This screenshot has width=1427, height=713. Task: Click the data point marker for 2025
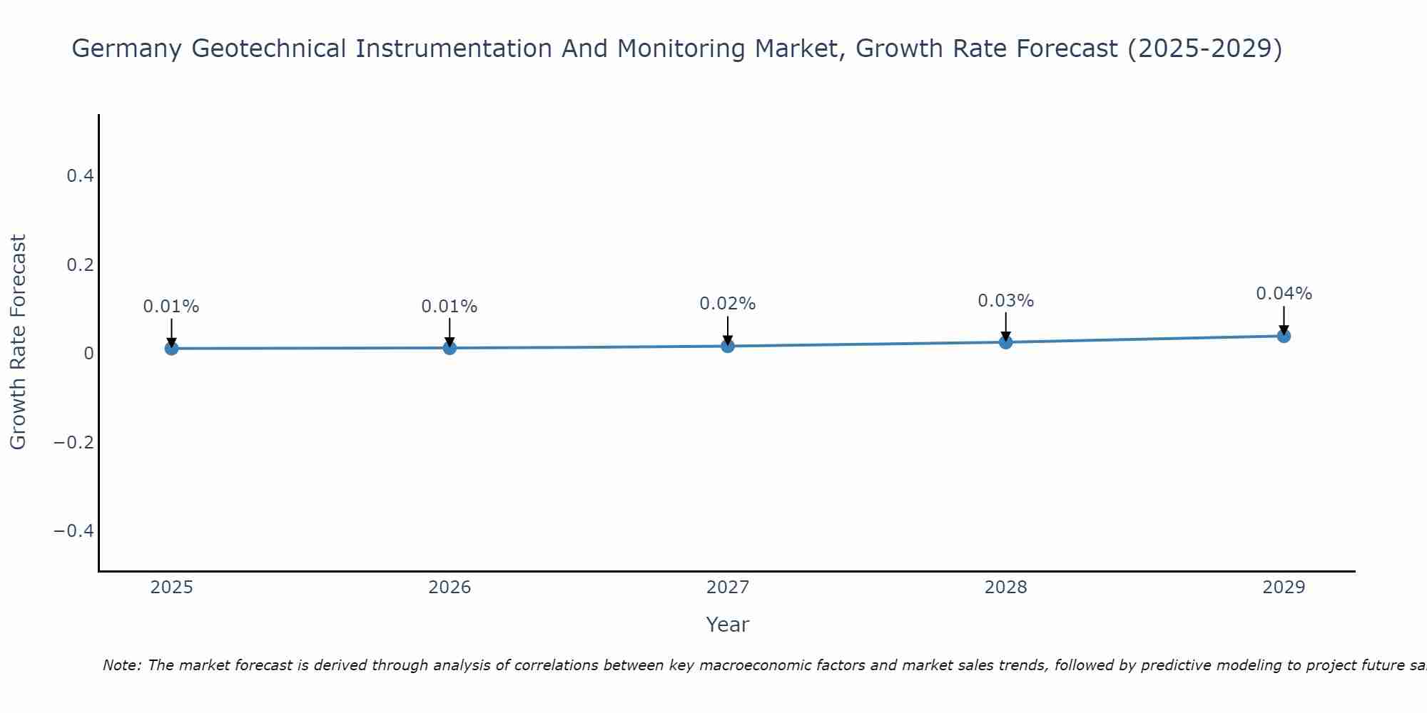click(171, 348)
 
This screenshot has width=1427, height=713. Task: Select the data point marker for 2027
click(728, 346)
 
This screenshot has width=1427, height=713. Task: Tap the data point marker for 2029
click(1284, 336)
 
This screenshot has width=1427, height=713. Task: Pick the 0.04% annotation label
click(1284, 294)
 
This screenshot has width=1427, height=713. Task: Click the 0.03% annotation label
click(1005, 301)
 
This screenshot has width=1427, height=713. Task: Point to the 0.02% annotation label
click(727, 304)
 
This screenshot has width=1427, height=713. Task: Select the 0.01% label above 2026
click(449, 307)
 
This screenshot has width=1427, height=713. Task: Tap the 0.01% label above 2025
click(171, 307)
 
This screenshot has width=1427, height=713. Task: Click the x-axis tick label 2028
click(1005, 588)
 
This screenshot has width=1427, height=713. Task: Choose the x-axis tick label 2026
click(450, 588)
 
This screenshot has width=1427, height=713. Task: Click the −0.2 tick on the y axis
click(73, 442)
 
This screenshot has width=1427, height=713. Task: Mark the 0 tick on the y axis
click(88, 354)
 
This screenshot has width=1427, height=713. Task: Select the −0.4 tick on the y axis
click(73, 531)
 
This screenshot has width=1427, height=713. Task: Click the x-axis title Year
click(727, 625)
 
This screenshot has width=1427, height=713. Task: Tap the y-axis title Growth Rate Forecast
click(18, 342)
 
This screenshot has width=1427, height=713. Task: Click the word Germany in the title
click(127, 49)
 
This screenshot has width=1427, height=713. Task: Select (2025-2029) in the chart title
click(1204, 49)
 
